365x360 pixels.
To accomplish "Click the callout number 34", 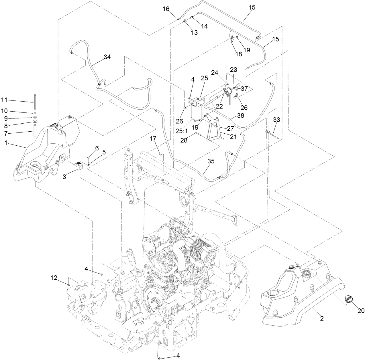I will [x=107, y=57].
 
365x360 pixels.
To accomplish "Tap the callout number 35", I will [x=211, y=161].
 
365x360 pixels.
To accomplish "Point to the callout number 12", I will [x=54, y=277].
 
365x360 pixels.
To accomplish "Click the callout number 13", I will [x=194, y=33].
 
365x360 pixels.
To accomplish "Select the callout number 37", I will [x=244, y=89].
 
